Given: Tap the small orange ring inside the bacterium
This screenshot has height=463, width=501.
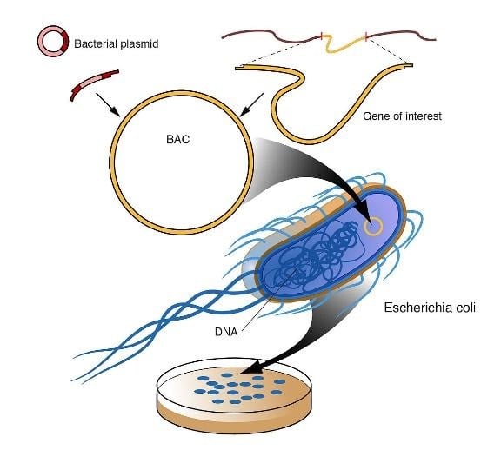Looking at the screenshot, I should (374, 228).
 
